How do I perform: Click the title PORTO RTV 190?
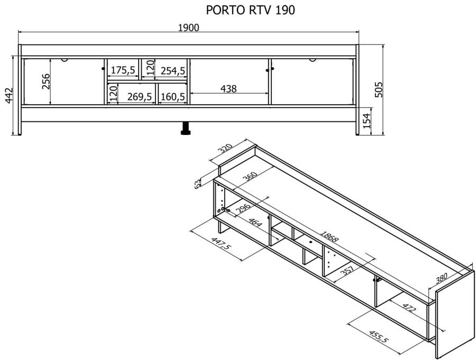[251, 10]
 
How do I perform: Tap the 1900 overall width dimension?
[188, 28]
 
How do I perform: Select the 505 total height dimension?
[379, 89]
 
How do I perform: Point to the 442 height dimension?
[9, 95]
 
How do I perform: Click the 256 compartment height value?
[46, 82]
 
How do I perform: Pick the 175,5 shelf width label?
[123, 70]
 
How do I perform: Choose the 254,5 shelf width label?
[173, 71]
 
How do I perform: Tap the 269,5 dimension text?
[139, 97]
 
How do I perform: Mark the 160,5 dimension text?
[172, 97]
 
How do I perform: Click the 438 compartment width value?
[228, 89]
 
